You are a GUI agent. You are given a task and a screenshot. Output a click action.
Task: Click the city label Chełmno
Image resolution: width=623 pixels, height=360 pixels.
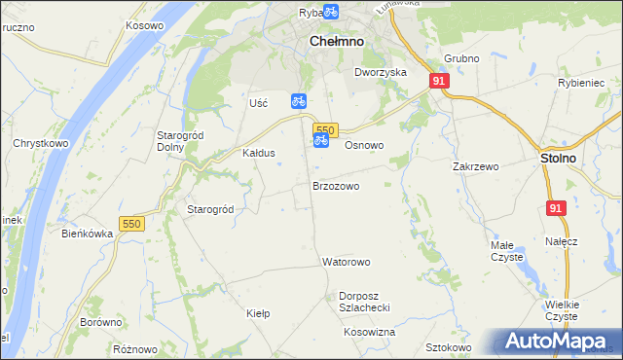pyautogui.click(x=336, y=42)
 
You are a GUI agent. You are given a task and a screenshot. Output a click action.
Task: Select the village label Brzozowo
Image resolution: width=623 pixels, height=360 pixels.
pyautogui.click(x=336, y=186)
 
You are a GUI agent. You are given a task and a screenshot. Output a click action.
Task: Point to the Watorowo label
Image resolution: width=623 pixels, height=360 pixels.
pyautogui.click(x=347, y=263)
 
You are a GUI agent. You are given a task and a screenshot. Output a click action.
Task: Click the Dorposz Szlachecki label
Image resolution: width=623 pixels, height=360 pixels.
pyautogui.click(x=364, y=301)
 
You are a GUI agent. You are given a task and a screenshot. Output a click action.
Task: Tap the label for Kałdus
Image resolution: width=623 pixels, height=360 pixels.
pyautogui.click(x=259, y=154)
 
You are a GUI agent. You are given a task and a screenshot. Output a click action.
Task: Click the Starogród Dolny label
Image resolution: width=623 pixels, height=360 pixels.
pyautogui.click(x=179, y=141)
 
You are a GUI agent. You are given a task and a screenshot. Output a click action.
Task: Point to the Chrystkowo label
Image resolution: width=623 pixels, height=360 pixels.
pyautogui.click(x=39, y=143)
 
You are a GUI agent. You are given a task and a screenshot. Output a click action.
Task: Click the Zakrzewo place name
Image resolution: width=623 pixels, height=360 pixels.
pyautogui.click(x=475, y=167)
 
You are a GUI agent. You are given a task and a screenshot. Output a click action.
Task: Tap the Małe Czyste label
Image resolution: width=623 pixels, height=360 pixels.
pyautogui.click(x=506, y=251)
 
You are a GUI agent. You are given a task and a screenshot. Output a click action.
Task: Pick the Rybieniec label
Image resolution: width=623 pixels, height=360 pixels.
pyautogui.click(x=582, y=84)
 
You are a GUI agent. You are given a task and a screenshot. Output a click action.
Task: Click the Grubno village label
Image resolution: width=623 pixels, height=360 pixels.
pyautogui.click(x=461, y=59)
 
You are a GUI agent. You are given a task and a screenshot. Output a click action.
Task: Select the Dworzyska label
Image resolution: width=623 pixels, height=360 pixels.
pyautogui.click(x=380, y=73)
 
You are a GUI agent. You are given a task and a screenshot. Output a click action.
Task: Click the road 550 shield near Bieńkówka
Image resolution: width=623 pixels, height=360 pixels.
pyautogui.click(x=132, y=224)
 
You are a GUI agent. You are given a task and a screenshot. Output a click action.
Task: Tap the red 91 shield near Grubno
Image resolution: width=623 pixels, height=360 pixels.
pyautogui.click(x=439, y=82)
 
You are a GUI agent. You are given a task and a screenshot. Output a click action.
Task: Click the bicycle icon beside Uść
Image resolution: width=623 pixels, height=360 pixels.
pyautogui.click(x=299, y=100)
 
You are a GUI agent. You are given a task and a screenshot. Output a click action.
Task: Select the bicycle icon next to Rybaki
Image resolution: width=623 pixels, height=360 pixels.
pyautogui.click(x=330, y=12)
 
